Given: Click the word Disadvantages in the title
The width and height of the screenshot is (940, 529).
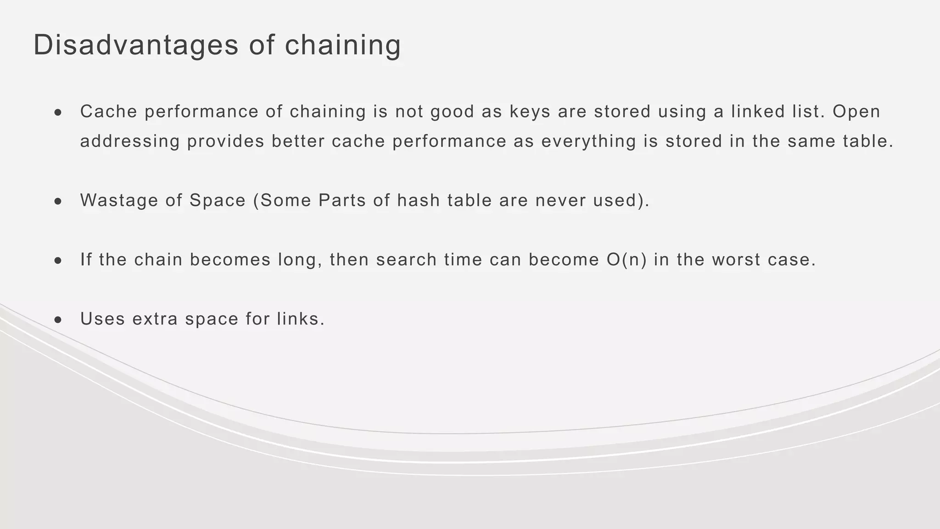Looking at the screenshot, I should tap(136, 45).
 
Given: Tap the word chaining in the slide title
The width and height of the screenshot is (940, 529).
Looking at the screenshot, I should tap(343, 46).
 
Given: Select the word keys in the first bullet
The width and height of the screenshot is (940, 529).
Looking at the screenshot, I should tap(530, 112).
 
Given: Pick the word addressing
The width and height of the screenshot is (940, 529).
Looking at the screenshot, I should tap(130, 141).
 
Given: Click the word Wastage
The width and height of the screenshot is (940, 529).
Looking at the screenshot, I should tap(119, 200).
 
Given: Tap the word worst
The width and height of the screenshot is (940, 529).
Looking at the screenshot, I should tap(736, 260).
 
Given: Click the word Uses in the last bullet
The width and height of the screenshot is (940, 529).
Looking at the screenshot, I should tap(102, 319).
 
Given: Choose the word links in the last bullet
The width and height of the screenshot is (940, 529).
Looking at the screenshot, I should tap(300, 319).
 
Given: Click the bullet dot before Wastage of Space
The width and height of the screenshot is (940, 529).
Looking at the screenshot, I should tap(58, 201).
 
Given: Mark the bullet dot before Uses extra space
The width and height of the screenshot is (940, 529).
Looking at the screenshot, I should tap(58, 320).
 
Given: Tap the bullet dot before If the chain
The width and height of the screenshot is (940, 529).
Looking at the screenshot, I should tap(58, 261).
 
